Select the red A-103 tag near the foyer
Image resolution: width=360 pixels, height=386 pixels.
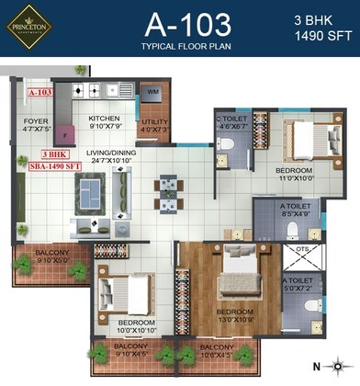(40, 93)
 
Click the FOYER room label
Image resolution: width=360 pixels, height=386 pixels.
(36, 124)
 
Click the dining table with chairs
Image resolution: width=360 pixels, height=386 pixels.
(167, 188)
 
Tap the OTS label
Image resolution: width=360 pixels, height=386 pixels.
(301, 249)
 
